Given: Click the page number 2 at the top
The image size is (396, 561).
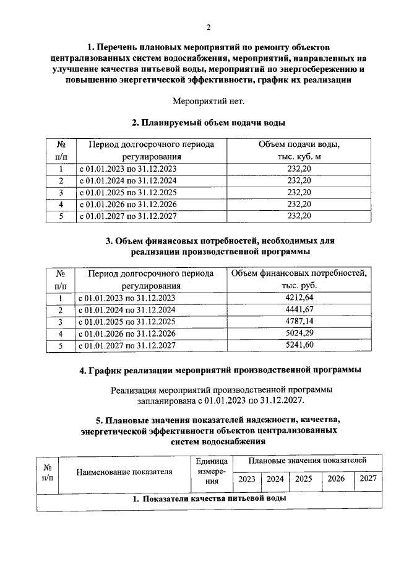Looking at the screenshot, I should (x=209, y=26).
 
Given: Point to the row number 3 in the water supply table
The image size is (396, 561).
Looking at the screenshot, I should (x=61, y=192).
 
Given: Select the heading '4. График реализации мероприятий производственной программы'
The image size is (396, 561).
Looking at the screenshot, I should (x=220, y=371).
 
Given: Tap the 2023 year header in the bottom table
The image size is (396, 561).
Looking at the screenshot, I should (x=247, y=479).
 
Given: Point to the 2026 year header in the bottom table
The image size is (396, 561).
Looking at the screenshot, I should (x=336, y=479).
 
